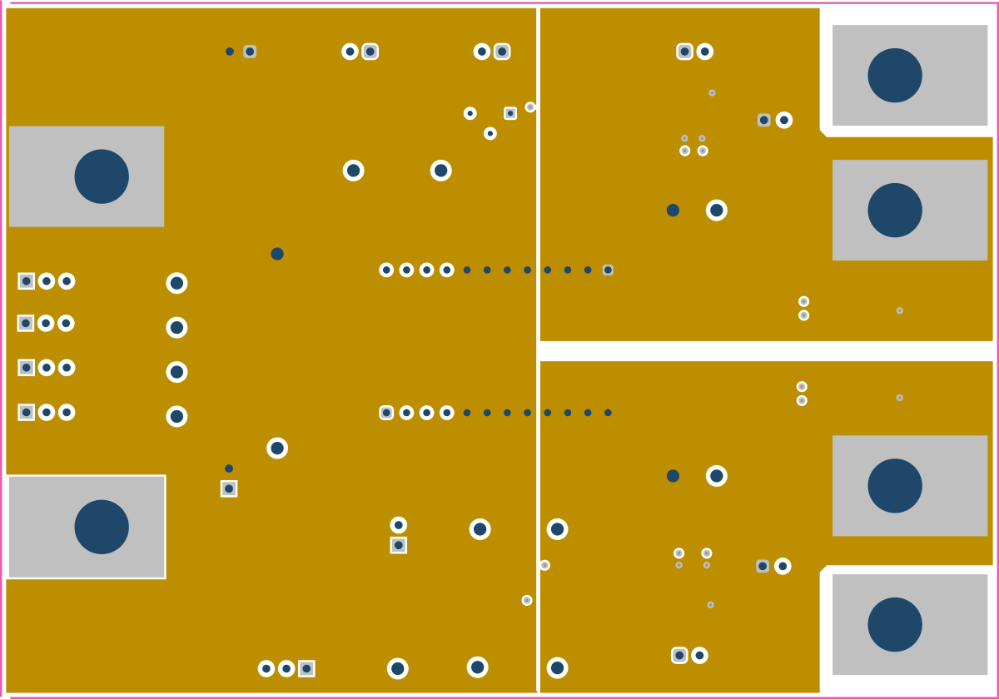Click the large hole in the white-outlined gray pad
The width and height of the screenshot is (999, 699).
click(x=102, y=527)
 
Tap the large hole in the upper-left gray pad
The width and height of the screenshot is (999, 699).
click(x=102, y=176)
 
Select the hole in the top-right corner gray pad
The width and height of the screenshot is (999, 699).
click(x=895, y=75)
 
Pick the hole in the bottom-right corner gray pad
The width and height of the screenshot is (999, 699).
click(x=895, y=624)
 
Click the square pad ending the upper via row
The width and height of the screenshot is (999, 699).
click(x=608, y=270)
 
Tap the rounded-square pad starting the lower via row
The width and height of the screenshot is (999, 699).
click(x=386, y=413)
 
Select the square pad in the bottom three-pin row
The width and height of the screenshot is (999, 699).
click(x=306, y=668)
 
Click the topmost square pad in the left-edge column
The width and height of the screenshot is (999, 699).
click(x=26, y=281)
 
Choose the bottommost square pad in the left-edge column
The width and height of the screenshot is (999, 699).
click(x=26, y=412)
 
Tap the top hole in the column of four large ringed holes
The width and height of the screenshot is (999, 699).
click(x=176, y=283)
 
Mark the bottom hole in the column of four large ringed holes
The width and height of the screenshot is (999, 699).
click(x=176, y=416)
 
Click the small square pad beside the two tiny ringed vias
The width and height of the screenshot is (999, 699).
click(x=510, y=113)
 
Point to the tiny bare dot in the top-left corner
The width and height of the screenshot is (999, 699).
click(x=230, y=52)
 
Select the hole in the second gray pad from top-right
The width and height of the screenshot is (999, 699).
click(x=895, y=210)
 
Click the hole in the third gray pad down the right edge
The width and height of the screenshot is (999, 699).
click(x=895, y=485)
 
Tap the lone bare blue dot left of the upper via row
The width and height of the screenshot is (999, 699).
click(x=277, y=254)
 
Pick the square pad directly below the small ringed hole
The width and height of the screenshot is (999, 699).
click(x=399, y=545)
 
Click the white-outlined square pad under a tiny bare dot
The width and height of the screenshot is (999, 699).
click(x=229, y=488)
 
